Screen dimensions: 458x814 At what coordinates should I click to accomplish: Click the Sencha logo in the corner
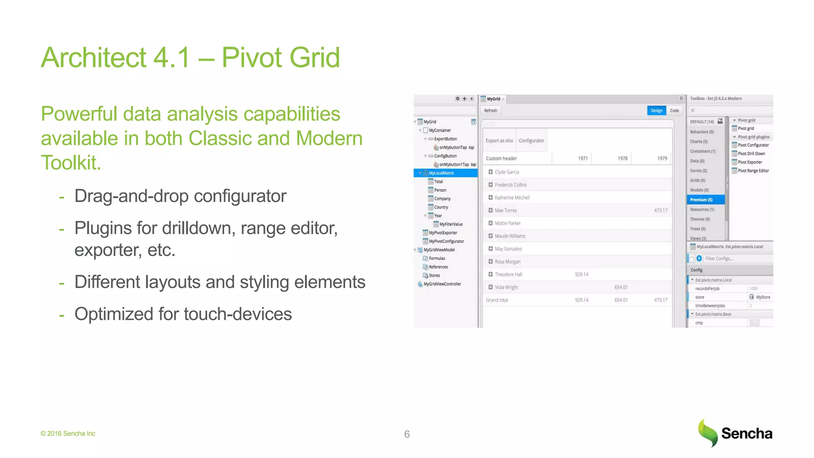pos(735,433)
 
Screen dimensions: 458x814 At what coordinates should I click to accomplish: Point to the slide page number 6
pos(407,434)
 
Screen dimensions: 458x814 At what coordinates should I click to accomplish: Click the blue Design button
pos(656,111)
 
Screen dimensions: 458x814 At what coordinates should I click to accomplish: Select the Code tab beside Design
pos(674,111)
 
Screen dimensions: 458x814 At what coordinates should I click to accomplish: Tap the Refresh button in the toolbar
pos(490,111)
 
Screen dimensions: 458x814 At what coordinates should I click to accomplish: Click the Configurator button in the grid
pos(531,141)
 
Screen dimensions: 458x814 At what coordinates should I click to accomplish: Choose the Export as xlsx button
pos(499,141)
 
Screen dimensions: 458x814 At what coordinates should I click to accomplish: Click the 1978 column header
pos(622,158)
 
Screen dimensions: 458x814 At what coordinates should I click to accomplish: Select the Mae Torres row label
pos(506,210)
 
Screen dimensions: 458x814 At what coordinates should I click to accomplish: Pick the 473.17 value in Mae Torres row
pos(661,210)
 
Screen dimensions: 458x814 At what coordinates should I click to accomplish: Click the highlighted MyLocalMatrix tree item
pos(441,173)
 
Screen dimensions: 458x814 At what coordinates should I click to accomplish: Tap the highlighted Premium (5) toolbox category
pos(701,200)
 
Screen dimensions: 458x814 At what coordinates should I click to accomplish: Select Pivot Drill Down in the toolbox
pos(751,153)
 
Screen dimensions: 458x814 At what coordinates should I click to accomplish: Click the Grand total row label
pos(497,300)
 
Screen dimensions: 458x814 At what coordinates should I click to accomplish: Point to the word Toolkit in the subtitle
pos(71,163)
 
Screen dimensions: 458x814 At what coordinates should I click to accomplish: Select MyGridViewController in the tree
pos(442,284)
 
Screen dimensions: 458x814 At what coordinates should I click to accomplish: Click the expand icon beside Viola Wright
pos(490,287)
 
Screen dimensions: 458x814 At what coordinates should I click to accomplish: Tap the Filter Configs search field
pos(737,258)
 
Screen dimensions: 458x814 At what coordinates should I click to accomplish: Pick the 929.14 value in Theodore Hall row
pos(581,274)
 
